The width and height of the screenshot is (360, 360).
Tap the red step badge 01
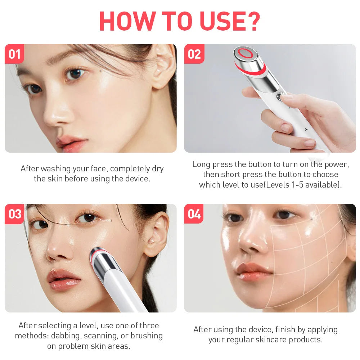[14, 54]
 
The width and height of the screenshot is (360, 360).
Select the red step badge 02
[194, 54]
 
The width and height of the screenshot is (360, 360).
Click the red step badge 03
[15, 214]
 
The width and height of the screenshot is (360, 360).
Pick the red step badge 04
[194, 214]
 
